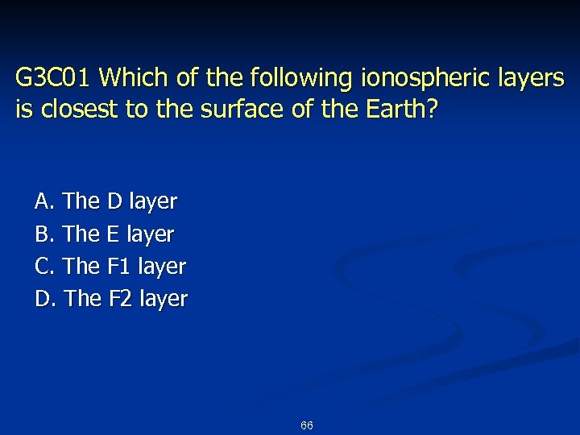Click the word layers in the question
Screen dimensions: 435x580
click(x=528, y=79)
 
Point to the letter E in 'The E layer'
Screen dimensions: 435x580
click(x=114, y=234)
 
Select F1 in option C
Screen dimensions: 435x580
click(x=119, y=266)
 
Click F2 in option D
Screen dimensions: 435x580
click(x=120, y=299)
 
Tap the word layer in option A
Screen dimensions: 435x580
click(x=153, y=201)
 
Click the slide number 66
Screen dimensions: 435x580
click(x=307, y=425)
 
